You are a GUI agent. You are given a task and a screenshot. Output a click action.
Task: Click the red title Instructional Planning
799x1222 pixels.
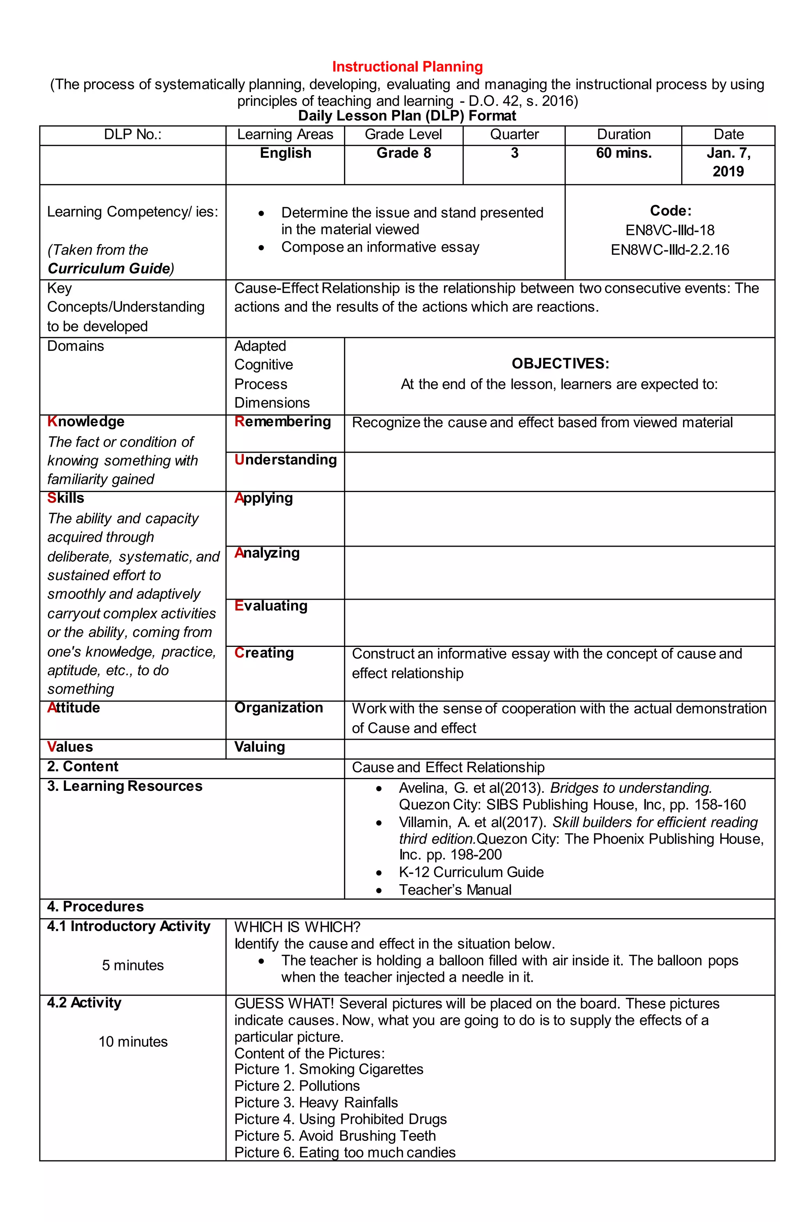pos(407,67)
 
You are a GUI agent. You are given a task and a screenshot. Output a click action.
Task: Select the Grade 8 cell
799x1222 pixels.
pos(404,153)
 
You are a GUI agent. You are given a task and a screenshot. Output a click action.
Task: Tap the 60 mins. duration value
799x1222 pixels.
pos(623,153)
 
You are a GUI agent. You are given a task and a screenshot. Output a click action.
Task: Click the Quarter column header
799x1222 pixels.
pos(514,135)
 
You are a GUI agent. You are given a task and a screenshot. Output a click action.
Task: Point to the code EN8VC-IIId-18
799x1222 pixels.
pos(669,230)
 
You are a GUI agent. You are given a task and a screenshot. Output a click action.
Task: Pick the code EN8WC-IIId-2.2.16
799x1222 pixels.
pos(669,250)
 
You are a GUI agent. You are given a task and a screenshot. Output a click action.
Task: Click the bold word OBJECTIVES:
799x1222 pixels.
pos(560,364)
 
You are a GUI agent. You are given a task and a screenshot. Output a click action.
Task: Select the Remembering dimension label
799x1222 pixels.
pos(282,421)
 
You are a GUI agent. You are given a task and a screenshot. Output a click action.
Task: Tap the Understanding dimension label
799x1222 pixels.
pos(286,460)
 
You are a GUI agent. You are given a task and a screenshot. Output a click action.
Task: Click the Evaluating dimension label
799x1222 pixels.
pos(271,606)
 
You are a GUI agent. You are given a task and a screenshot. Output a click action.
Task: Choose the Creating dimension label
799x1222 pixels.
pos(264,653)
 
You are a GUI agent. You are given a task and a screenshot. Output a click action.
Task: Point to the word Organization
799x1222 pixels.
pos(278,707)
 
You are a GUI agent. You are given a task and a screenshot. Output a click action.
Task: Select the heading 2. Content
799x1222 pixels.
pos(83,767)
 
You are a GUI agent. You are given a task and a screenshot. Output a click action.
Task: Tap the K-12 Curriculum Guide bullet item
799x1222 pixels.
pos(471,872)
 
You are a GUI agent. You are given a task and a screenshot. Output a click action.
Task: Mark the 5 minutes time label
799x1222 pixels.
pos(133,965)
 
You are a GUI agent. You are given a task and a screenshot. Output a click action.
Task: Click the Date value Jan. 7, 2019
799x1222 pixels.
pos(728,162)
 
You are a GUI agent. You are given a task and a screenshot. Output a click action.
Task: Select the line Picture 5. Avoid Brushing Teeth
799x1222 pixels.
pos(335,1136)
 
